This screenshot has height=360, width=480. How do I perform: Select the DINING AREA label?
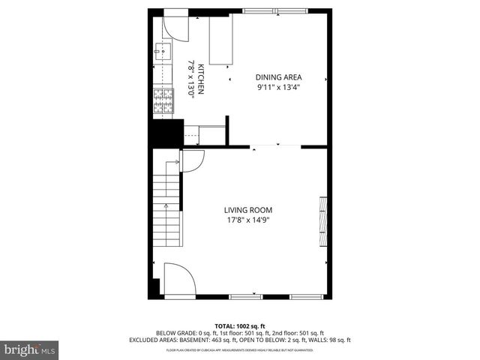pyautogui.click(x=278, y=76)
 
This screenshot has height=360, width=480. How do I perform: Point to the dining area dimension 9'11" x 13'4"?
pyautogui.click(x=278, y=86)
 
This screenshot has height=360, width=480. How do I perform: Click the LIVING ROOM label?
pyautogui.click(x=247, y=210)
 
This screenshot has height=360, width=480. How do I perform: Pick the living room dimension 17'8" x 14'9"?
pyautogui.click(x=247, y=220)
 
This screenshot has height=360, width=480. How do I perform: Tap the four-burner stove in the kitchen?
pyautogui.click(x=162, y=100)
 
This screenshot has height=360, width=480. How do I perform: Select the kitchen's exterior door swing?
pyautogui.click(x=178, y=26)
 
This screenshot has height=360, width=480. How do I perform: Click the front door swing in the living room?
pyautogui.click(x=179, y=280)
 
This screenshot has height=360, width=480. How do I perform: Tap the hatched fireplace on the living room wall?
pyautogui.click(x=324, y=220)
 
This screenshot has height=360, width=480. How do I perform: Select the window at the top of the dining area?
pyautogui.click(x=269, y=10)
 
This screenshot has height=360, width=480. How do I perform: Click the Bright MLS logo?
pyautogui.click(x=30, y=349)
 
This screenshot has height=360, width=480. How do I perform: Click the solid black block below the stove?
pyautogui.click(x=166, y=133)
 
